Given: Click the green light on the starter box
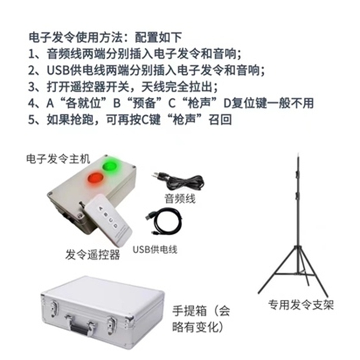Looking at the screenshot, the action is [109, 166].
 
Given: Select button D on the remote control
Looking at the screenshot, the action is [116, 225].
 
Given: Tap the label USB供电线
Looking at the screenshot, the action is [155, 250].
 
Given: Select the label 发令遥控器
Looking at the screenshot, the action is [93, 255].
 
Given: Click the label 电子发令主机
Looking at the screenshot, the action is [58, 159].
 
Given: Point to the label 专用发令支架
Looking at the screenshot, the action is [301, 305].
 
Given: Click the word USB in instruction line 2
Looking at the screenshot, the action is [58, 70].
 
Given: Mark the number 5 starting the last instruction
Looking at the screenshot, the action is [31, 120].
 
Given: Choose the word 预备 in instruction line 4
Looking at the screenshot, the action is [144, 103].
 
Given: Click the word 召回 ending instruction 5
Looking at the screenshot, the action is [220, 120].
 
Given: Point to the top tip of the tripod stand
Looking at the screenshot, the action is [298, 153].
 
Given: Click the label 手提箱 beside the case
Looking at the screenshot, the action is [190, 311].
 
